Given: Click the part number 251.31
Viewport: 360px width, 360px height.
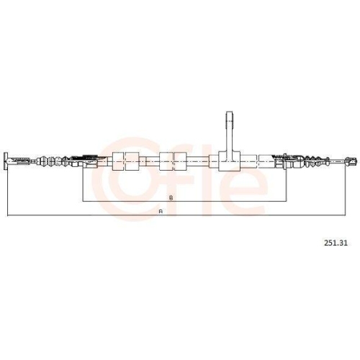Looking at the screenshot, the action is [336, 243].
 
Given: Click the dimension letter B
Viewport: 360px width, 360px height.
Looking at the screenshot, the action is [171, 198].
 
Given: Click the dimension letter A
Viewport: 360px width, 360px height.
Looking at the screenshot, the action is [161, 212].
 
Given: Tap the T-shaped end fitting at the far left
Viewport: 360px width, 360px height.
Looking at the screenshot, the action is [6, 161].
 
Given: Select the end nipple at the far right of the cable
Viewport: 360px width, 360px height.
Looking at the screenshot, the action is [351, 161].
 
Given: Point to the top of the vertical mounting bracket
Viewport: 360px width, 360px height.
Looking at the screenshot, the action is [230, 112].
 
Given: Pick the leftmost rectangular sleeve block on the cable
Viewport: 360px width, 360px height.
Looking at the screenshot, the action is [118, 161].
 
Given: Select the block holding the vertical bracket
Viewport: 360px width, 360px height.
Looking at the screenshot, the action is [230, 161].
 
